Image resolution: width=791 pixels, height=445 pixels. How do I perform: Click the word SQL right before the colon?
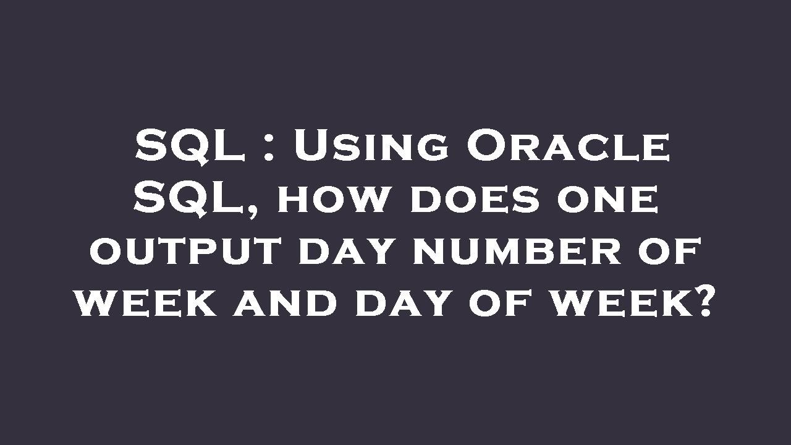pyautogui.click(x=190, y=146)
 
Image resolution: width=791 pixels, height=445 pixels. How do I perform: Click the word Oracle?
pyautogui.click(x=568, y=146)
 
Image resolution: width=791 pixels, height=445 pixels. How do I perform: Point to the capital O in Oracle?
pyautogui.click(x=488, y=146)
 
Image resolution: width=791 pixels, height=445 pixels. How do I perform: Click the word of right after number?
pyautogui.click(x=669, y=254)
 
